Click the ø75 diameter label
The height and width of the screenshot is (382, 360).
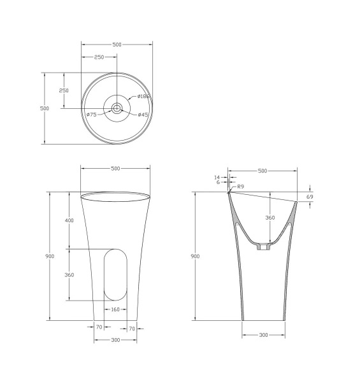(x=91, y=115)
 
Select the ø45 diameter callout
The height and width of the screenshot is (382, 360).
(x=143, y=115)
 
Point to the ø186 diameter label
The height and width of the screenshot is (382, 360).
(x=143, y=96)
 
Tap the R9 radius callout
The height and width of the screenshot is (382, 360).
(x=240, y=187)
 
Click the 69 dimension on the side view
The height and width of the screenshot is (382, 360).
(x=310, y=197)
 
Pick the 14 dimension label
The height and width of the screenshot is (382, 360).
(x=217, y=178)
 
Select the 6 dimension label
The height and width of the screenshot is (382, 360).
(x=218, y=182)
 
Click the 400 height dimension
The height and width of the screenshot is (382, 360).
(x=69, y=220)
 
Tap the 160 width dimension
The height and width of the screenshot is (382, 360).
(x=115, y=309)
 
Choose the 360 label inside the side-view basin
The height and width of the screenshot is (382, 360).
(x=270, y=218)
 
